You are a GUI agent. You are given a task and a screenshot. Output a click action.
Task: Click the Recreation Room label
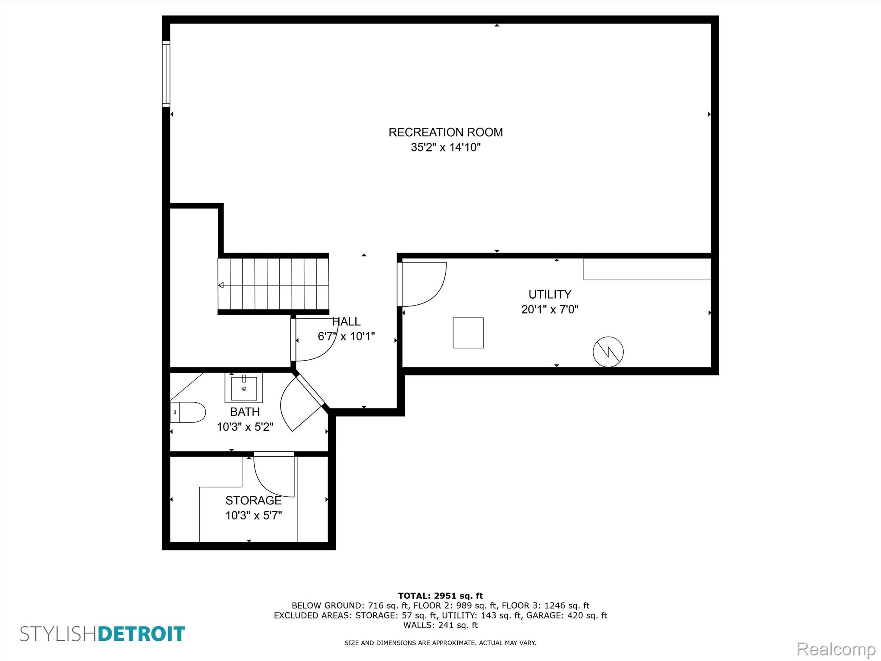[445, 132]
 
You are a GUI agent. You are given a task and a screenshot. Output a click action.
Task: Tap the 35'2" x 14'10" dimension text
[445, 148]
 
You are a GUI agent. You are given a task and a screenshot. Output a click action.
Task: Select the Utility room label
[550, 294]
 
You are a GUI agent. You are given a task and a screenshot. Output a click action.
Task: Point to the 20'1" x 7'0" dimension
[550, 309]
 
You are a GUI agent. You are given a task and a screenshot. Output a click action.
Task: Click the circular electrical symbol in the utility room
[608, 352]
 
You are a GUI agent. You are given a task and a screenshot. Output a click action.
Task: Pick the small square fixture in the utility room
[468, 333]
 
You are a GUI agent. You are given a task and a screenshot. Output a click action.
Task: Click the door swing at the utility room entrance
[424, 284]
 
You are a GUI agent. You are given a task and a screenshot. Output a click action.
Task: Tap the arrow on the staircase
[221, 285]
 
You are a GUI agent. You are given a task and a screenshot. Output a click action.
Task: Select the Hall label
[346, 321]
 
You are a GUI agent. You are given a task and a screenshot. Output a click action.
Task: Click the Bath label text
[245, 412]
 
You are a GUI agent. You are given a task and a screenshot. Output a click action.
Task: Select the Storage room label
[253, 500]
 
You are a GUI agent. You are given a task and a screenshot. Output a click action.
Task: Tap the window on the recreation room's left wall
[166, 74]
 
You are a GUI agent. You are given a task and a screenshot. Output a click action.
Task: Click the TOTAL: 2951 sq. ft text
[440, 596]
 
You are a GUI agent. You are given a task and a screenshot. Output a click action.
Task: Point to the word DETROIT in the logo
[142, 634]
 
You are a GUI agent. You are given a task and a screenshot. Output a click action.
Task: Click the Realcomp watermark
[836, 649]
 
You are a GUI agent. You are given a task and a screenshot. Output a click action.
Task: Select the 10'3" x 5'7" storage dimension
[253, 516]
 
